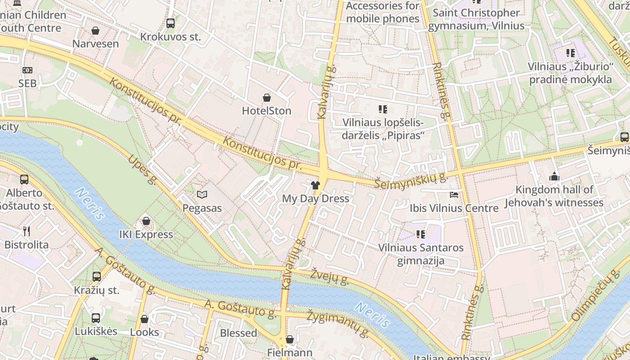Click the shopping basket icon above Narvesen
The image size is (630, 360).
tap(95, 31)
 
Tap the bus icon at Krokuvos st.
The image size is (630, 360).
tap(171, 23)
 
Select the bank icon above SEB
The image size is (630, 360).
tap(27, 70)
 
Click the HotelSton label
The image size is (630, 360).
tap(266, 111)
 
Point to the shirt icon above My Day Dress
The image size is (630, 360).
tap(315, 185)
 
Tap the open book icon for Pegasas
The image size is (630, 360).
tap(202, 195)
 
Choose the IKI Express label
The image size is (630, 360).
tap(146, 234)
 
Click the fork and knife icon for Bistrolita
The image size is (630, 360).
tap(27, 231)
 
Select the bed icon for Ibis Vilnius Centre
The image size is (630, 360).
tap(454, 195)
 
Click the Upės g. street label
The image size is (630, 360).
tap(142, 170)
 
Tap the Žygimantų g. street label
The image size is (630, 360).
tap(338, 324)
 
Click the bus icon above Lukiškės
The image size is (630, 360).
tap(96, 318)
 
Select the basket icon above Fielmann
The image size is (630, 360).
tap(290, 339)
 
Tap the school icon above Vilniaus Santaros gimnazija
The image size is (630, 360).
tap(421, 234)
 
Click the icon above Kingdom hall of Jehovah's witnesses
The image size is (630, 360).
tap(554, 176)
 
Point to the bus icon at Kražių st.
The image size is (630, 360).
tap(97, 277)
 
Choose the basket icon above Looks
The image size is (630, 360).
tap(144, 319)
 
